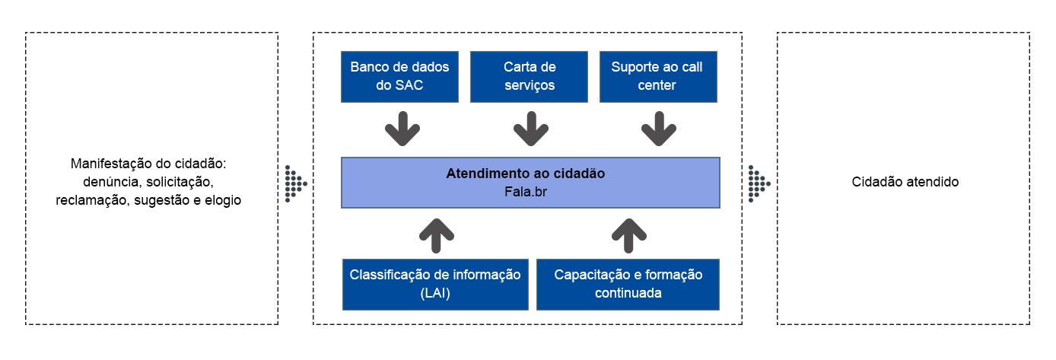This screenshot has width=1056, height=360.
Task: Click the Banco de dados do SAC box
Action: pos(399,76)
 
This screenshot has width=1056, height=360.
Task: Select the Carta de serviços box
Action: pos(529,76)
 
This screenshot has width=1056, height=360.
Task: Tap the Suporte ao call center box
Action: pos(657,76)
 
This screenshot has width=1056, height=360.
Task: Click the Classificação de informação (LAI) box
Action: pos(435,284)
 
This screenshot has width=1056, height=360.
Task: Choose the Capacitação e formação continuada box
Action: pos(628,284)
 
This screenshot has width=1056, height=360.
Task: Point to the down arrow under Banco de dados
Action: pos(402,129)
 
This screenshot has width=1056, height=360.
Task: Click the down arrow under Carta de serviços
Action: pos(530,129)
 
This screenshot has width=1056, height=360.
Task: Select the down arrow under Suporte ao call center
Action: pos(658,129)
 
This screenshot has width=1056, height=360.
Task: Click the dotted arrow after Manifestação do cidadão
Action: pos(295,183)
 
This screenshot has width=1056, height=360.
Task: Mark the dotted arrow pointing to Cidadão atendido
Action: pos(759,183)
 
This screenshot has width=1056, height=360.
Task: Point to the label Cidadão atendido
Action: pos(905,183)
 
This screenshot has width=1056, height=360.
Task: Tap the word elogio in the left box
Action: pos(223,201)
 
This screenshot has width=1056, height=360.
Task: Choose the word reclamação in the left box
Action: pos(90,201)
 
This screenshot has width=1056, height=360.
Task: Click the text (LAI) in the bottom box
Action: pos(435,293)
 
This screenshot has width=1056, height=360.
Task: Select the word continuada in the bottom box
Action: pos(628,293)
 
